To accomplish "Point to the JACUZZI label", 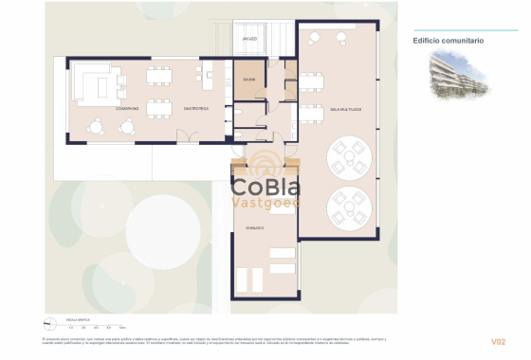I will coord(249,39).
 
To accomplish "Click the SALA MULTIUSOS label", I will coord(345,110).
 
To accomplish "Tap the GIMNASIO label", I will coord(255,228).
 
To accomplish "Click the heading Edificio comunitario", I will coord(449,41).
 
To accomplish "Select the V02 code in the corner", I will coord(498,341).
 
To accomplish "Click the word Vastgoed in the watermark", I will coord(266,202).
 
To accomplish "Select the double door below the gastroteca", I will coord(194,141).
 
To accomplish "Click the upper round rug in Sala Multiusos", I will coord(348,154).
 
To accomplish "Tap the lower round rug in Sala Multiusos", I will coord(348,206).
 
